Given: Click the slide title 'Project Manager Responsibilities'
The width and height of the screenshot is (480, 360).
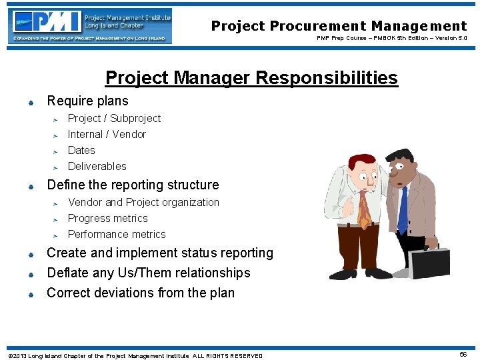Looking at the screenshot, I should click(251, 78).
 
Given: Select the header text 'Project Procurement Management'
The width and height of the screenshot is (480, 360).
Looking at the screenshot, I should click(339, 26).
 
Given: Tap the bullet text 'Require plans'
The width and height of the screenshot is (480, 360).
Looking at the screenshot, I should click(87, 101).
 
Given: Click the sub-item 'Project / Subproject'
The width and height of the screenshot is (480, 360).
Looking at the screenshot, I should click(114, 118).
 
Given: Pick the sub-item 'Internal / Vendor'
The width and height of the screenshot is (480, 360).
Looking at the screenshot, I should click(107, 134).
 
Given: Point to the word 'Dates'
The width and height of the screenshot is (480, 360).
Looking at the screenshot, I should click(81, 150).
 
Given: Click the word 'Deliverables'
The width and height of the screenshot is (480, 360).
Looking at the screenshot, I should click(97, 166).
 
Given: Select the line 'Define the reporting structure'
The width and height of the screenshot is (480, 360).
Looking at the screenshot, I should click(133, 185).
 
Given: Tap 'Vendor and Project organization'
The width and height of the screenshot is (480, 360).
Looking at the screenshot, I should click(143, 202).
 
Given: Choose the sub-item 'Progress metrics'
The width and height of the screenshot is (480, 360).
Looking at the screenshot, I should click(107, 218).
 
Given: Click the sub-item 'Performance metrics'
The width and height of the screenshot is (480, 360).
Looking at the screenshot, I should click(117, 234).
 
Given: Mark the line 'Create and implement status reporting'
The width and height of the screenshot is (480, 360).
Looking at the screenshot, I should click(160, 253).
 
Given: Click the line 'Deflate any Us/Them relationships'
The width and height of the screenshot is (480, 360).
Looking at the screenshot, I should click(148, 273).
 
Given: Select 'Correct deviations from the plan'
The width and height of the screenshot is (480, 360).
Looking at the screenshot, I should click(141, 293).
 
